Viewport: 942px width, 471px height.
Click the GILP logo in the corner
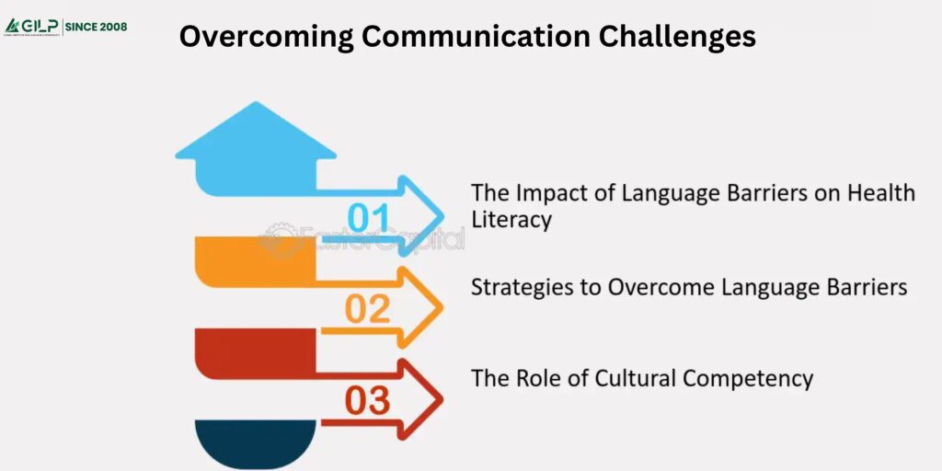coord(32,26)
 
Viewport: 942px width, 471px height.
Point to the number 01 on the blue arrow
coord(370,217)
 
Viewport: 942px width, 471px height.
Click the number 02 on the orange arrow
coord(368,310)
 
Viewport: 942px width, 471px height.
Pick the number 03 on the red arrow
coord(368,401)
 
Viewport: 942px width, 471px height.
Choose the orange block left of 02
coord(256,259)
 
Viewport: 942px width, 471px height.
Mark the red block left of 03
coord(256,351)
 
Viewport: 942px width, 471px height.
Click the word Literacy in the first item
coord(511,220)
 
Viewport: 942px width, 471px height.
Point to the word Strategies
coord(515,287)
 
